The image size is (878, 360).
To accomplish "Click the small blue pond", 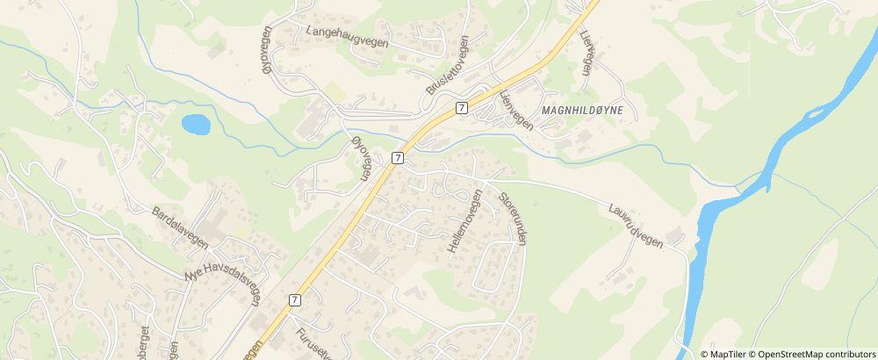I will [x=196, y=124].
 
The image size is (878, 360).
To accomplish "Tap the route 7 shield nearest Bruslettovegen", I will [x=460, y=107].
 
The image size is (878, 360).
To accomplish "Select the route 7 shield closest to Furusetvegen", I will [x=294, y=299].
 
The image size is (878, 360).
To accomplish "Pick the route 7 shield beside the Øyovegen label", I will [x=398, y=158].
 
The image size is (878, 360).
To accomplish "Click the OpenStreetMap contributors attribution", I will [x=815, y=354].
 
